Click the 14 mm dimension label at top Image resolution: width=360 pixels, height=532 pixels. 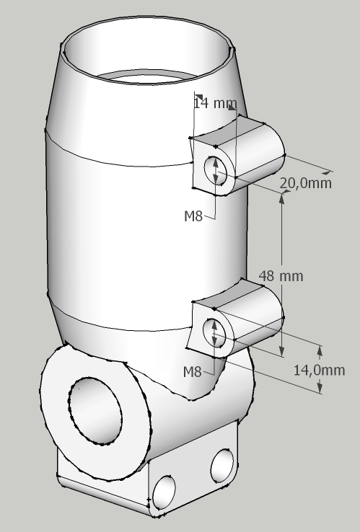[215, 103]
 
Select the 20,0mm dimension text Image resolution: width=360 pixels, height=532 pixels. [306, 183]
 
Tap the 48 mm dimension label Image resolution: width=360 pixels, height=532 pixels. [281, 276]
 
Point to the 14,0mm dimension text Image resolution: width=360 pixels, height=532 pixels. [320, 370]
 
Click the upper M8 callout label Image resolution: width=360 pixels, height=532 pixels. [193, 216]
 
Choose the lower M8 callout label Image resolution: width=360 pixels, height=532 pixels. [192, 372]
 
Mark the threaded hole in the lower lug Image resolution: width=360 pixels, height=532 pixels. [214, 333]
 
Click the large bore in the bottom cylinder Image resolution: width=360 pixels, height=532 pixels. [95, 410]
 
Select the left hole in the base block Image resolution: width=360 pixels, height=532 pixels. [164, 492]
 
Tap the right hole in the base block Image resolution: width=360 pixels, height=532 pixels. [222, 466]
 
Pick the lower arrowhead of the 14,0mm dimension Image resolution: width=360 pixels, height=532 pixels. [320, 387]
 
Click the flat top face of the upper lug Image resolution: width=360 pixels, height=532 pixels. [227, 130]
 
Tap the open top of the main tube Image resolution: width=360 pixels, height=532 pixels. [148, 51]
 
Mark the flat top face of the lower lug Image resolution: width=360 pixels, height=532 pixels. [227, 293]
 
